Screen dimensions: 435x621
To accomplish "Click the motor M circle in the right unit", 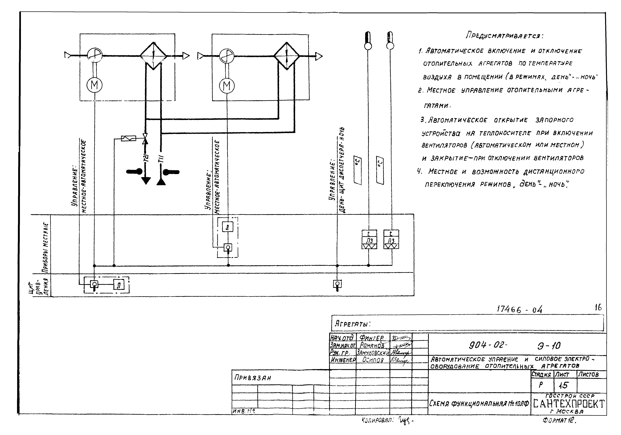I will pyautogui.click(x=227, y=86).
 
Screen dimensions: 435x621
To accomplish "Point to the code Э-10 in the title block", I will pyautogui.click(x=549, y=345).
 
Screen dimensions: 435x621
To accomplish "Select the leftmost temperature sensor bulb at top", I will pyautogui.click(x=368, y=41).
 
